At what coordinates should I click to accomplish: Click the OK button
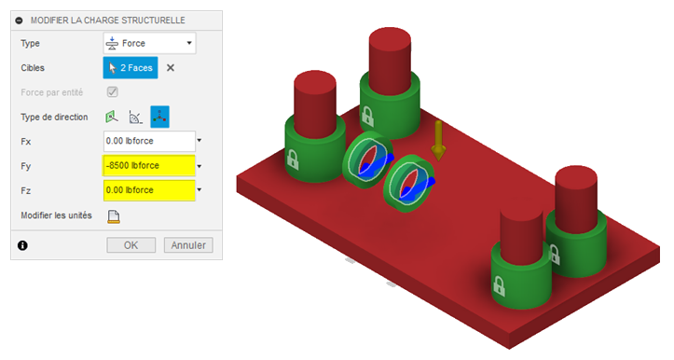pyautogui.click(x=131, y=245)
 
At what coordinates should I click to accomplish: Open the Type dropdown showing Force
pyautogui.click(x=149, y=43)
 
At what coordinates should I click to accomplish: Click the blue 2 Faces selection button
pyautogui.click(x=131, y=67)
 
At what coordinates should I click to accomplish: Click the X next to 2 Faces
pyautogui.click(x=171, y=67)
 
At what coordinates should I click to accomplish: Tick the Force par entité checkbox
pyautogui.click(x=113, y=92)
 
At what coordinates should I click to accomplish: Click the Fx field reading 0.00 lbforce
pyautogui.click(x=149, y=141)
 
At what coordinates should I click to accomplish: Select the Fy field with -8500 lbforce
pyautogui.click(x=149, y=166)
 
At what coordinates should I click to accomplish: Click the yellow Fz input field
pyautogui.click(x=149, y=190)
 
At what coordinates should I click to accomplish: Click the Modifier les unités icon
pyautogui.click(x=114, y=216)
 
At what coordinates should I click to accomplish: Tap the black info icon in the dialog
pyautogui.click(x=22, y=245)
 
